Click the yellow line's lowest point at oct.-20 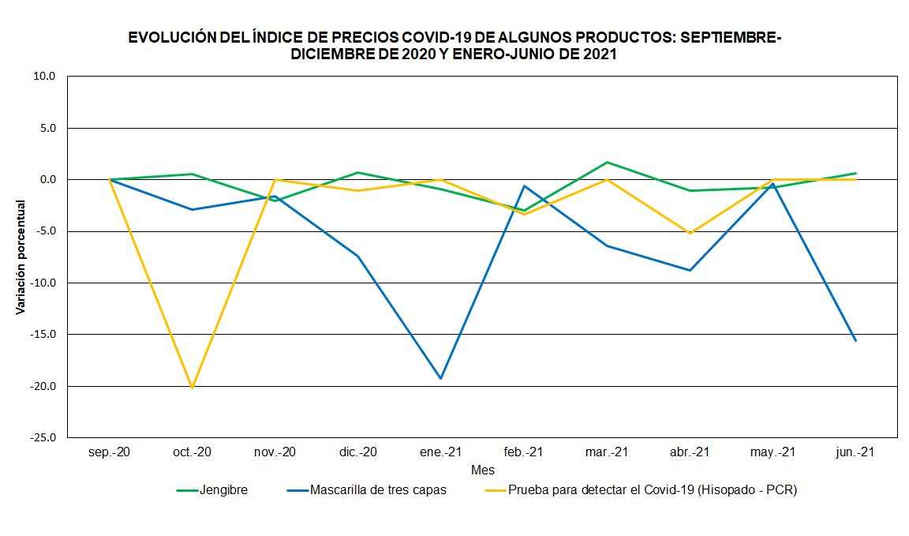pos(192,388)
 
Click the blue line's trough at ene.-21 pos(440,378)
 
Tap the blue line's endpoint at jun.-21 pos(855,340)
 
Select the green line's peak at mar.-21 pos(607,162)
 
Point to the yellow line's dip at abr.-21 pos(690,233)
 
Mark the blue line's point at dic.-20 pos(357,256)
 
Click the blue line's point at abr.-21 pos(690,270)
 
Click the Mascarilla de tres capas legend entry pos(378,490)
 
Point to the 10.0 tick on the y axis pos(45,77)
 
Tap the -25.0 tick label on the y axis pos(43,437)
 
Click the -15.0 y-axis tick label pos(43,334)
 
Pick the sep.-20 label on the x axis pos(109,452)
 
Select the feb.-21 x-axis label pos(523,452)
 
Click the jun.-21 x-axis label pos(855,452)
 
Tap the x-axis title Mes pos(482,470)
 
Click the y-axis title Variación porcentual pos(21,257)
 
